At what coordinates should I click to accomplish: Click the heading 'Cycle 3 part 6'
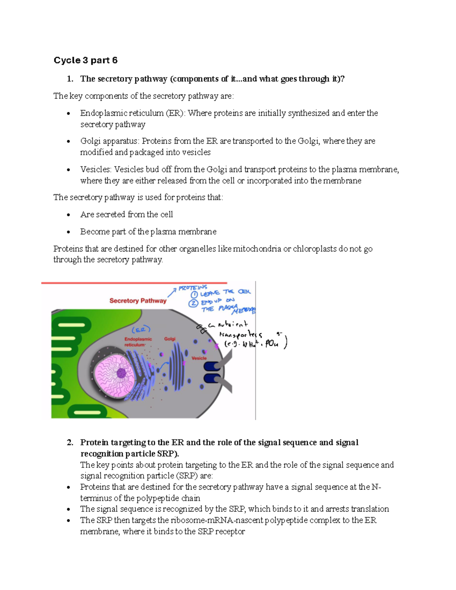coord(85,60)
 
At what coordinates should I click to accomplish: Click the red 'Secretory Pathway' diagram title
coord(138,301)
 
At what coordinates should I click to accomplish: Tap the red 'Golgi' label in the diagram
coord(170,339)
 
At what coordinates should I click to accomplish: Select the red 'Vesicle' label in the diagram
coord(199,358)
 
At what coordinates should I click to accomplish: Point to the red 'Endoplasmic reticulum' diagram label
coord(138,342)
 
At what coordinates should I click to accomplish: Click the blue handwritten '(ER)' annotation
coord(141,329)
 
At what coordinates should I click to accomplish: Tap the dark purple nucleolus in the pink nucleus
coord(122,373)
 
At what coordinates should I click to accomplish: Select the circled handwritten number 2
coord(193,303)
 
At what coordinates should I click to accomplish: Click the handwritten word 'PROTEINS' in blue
coord(193,288)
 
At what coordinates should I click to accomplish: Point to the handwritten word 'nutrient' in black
coord(232,324)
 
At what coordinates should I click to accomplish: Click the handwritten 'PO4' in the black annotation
coord(271,344)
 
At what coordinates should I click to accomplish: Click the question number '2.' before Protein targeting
coord(70,443)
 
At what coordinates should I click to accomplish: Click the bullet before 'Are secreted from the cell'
coord(68,215)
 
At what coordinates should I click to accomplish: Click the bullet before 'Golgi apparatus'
coord(68,141)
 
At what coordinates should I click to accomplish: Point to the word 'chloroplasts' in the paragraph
coord(315,249)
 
